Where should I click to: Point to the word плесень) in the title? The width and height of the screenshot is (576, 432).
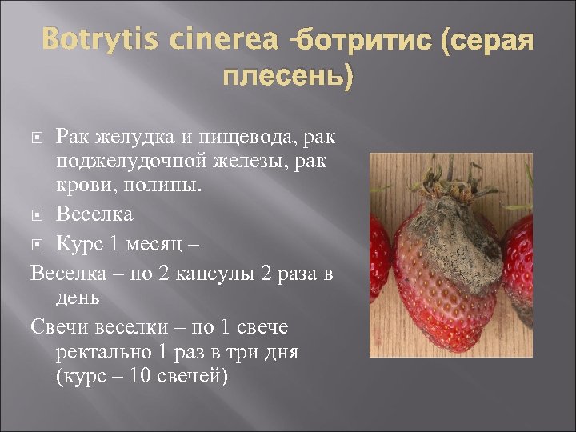[287, 78]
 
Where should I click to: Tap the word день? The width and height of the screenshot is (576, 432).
[78, 298]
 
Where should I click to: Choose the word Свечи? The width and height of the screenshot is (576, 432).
[58, 327]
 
